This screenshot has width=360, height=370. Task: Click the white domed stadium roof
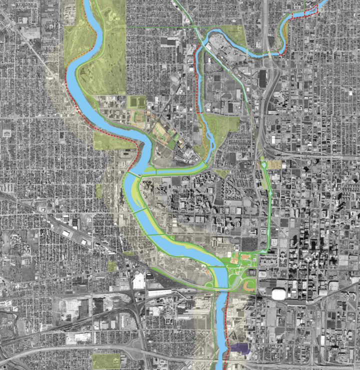279,294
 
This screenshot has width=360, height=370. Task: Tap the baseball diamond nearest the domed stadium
249,284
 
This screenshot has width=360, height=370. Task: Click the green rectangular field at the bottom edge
106,360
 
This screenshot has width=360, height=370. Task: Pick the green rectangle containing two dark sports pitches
136,102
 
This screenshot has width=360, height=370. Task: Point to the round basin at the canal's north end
263,164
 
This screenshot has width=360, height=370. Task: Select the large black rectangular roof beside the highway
263,78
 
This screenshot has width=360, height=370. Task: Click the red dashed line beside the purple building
226,320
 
